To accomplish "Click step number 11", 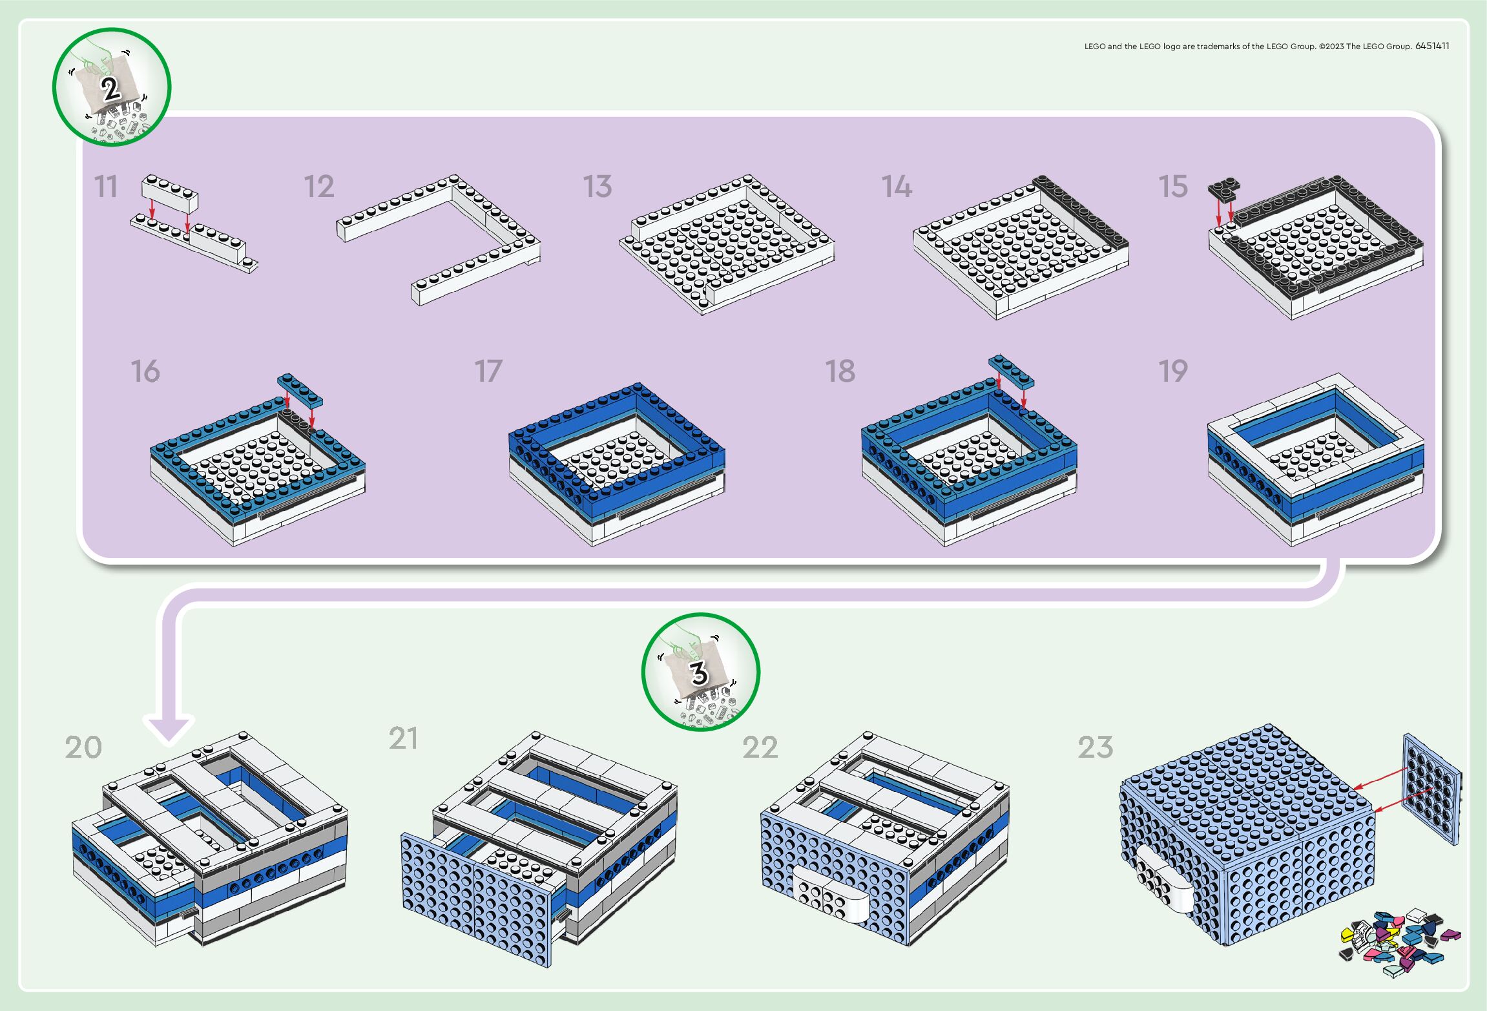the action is click(106, 187).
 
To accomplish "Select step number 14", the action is click(897, 187).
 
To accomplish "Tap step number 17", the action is click(488, 371).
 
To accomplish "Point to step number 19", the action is click(1173, 371).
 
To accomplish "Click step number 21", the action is click(403, 738).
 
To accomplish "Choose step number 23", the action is click(1096, 747).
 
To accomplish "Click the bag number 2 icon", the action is click(111, 87).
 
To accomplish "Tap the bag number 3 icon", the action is click(700, 672).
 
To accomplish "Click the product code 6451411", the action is click(1432, 46).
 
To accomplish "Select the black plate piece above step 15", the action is click(1224, 189).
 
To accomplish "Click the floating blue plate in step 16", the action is click(300, 390).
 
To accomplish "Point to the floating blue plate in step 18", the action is click(1011, 371).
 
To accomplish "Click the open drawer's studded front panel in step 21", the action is click(476, 898).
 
